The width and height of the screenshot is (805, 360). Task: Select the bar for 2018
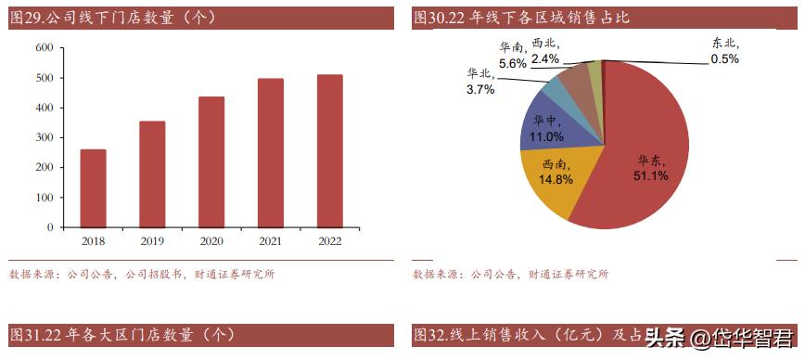[x=93, y=188]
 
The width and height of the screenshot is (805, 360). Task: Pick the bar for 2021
[x=271, y=152]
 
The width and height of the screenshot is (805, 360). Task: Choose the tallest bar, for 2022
[x=329, y=150]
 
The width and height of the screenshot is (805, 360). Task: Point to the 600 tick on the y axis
[x=44, y=48]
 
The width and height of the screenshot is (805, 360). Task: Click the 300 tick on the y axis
[x=44, y=137]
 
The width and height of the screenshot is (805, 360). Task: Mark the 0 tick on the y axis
[x=50, y=226]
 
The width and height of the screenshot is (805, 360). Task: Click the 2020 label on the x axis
[x=211, y=241]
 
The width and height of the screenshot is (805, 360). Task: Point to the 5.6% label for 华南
[x=512, y=64]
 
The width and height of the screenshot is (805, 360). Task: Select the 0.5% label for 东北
[x=724, y=59]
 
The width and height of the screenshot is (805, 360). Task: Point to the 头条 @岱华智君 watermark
[x=719, y=337]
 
